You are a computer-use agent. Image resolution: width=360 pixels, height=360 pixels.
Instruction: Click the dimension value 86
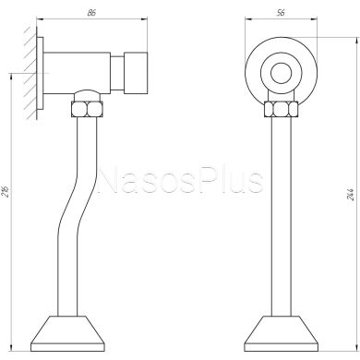pyautogui.click(x=91, y=13)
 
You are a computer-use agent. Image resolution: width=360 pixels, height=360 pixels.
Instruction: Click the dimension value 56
pyautogui.click(x=281, y=12)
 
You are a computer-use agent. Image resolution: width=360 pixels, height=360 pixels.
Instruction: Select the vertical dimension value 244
pyautogui.click(x=351, y=194)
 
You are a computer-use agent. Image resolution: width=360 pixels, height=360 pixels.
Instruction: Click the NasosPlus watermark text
pyautogui.click(x=181, y=181)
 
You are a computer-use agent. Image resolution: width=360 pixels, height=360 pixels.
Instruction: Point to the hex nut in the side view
pyautogui.click(x=87, y=109)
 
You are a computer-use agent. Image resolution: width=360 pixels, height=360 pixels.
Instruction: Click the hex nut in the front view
pyautogui.click(x=281, y=109)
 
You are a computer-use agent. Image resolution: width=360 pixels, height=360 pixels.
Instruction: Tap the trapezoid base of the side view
pyautogui.click(x=67, y=333)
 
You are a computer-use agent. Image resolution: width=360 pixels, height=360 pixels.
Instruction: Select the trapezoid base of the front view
pyautogui.click(x=281, y=333)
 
